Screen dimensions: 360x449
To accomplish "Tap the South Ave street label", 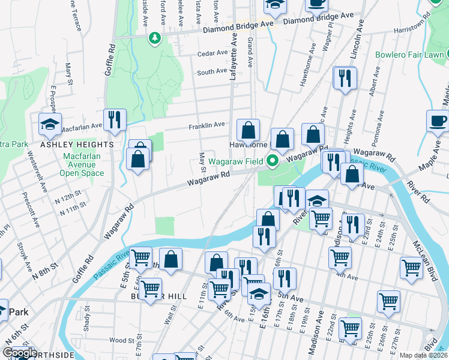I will click(x=212, y=72).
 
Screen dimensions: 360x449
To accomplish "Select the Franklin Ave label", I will click(x=206, y=125).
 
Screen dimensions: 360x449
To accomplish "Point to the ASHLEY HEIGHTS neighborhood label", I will click(x=77, y=145).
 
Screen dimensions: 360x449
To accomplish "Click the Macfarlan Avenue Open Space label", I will click(x=82, y=164).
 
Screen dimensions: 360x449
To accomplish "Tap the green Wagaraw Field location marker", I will click(x=273, y=161).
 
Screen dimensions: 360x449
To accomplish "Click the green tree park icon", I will click(x=155, y=38).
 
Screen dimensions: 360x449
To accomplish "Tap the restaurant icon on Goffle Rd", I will click(x=114, y=119).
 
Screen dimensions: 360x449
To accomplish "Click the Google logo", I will click(x=20, y=353).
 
